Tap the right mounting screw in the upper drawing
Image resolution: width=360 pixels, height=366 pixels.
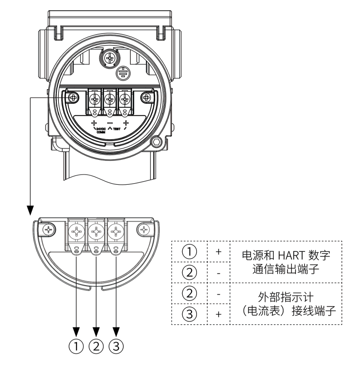pos(145,98)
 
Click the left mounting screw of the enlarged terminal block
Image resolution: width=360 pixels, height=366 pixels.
pos(49,229)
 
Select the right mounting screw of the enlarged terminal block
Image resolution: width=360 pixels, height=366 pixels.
pos(144,229)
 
